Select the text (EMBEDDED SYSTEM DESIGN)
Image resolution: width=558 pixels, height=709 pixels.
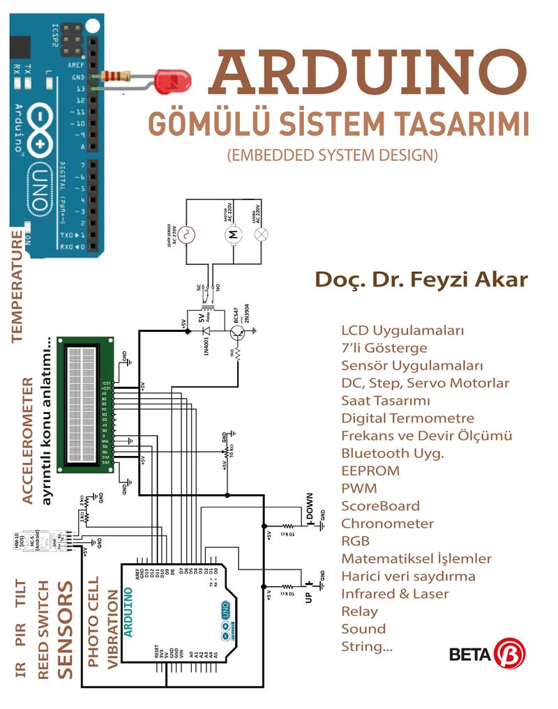click(x=333, y=155)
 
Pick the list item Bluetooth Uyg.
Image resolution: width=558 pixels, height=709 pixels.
click(x=393, y=453)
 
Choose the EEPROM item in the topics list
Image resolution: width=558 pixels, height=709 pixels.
click(x=370, y=471)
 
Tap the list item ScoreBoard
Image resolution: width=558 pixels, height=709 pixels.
click(x=381, y=505)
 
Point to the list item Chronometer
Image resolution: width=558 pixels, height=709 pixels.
click(x=387, y=523)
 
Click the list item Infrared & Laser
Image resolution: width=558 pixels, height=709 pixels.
click(x=395, y=593)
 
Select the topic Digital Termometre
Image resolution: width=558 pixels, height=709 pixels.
click(x=407, y=418)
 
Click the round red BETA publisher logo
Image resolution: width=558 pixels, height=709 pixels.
click(x=509, y=654)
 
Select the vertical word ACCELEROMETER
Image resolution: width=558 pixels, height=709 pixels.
click(x=27, y=441)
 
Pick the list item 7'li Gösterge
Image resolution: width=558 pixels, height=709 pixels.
click(x=384, y=347)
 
